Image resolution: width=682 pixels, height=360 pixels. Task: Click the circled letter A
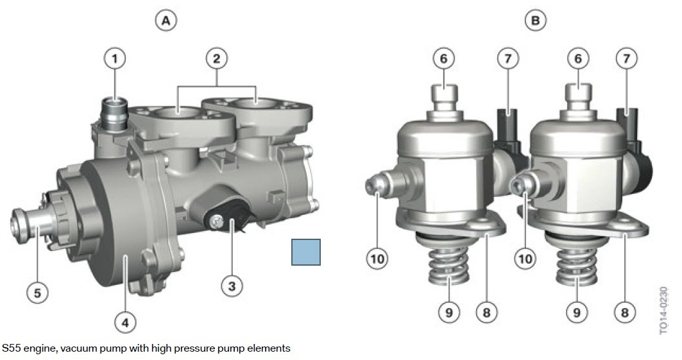tap(166, 21)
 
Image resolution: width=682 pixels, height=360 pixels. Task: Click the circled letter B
tap(536, 21)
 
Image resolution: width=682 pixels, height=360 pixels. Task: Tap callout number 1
tap(115, 58)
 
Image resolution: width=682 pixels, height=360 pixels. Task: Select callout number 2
tap(217, 58)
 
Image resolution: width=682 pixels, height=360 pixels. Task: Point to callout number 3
tap(232, 286)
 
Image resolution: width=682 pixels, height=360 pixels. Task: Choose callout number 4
tap(125, 323)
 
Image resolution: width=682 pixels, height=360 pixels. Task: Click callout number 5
tap(37, 293)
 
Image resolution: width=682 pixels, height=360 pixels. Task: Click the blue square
tap(306, 252)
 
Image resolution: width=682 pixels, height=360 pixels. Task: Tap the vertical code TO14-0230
tap(663, 311)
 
